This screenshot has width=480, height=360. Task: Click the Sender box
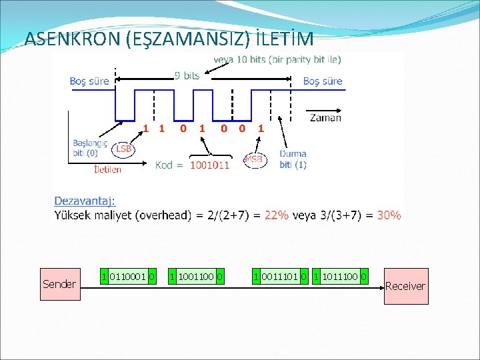coord(59,285)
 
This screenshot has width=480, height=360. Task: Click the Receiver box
coord(405,286)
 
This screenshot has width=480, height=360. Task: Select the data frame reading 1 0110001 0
coord(127,276)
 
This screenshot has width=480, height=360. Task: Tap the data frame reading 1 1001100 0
coord(196,276)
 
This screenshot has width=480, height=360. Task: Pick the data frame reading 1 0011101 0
coord(280,276)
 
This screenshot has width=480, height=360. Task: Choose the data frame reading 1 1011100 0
coord(341,276)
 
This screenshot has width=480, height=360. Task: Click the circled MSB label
coord(253,159)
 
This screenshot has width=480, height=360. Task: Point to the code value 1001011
coord(209,165)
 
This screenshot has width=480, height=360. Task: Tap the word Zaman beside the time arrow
coord(325,118)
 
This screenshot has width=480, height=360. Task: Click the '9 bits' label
coord(187,76)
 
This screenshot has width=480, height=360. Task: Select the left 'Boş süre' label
coord(89,81)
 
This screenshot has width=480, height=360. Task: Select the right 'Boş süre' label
coord(323,81)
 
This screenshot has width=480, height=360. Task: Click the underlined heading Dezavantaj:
coord(85,200)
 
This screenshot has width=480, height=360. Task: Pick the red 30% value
coord(389,215)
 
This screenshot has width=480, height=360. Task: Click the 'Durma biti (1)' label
coord(293,159)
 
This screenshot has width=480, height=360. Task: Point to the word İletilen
coord(107,169)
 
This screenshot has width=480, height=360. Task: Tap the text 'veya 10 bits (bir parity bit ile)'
coord(277,59)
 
